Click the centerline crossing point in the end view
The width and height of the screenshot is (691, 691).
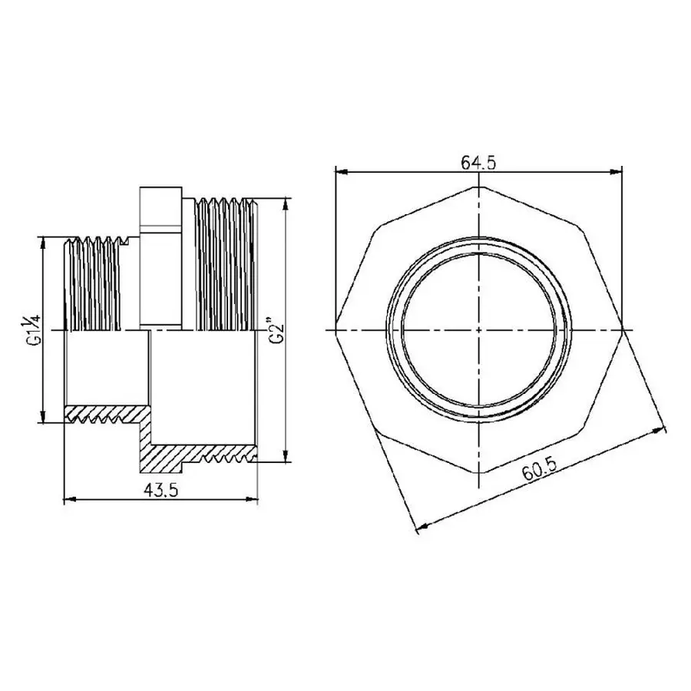pos(478,329)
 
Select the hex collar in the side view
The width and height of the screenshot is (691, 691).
pos(159,257)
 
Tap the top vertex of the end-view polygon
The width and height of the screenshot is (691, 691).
pos(478,187)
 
